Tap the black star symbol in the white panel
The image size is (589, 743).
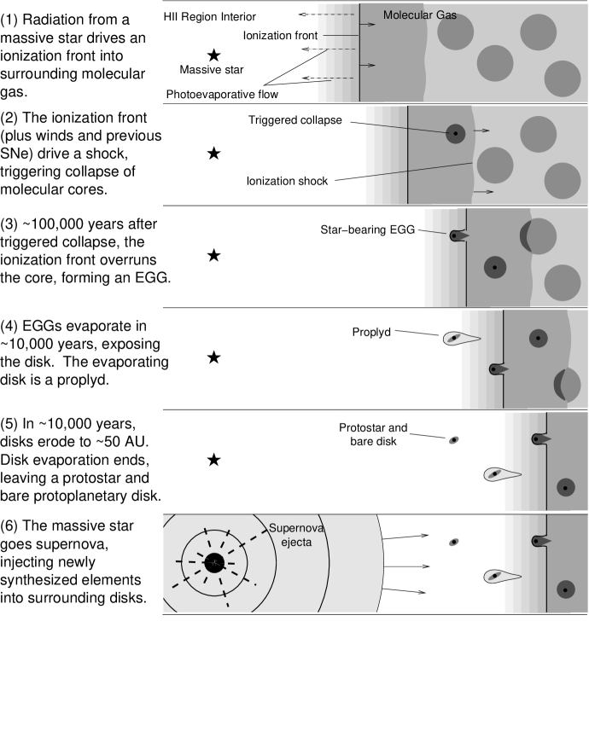pos(213,461)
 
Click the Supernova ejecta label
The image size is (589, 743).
pos(290,534)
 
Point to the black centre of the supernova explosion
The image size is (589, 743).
pos(213,562)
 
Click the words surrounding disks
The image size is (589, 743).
pos(86,597)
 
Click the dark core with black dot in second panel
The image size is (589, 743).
pos(456,133)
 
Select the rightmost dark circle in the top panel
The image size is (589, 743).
pos(563,78)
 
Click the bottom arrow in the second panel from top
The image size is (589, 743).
pos(484,192)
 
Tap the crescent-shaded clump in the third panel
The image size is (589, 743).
pos(539,235)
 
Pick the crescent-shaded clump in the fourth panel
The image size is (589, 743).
pos(567,385)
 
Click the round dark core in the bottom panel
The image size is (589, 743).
pos(564,589)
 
